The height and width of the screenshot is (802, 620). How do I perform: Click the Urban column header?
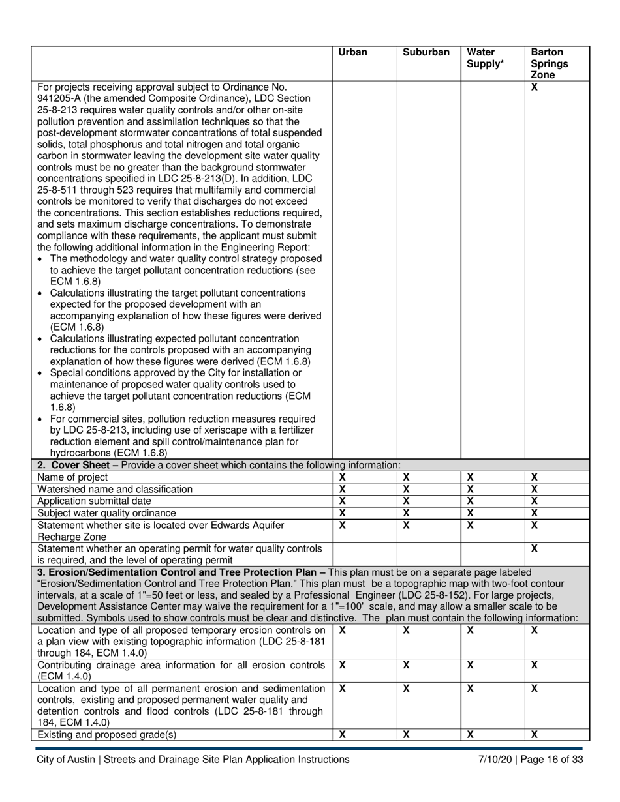(353, 52)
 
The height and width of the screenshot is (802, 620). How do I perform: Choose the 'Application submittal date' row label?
(95, 501)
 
